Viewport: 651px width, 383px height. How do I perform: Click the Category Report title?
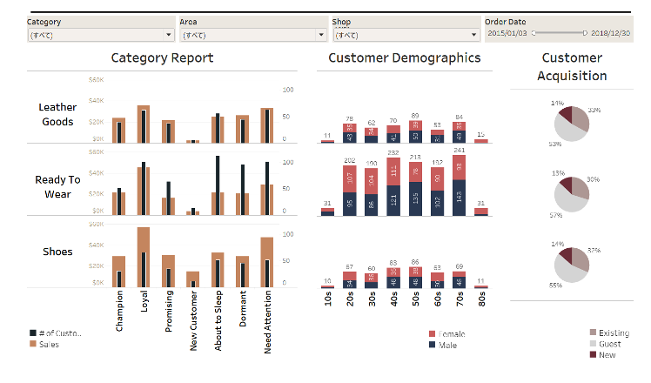(162, 58)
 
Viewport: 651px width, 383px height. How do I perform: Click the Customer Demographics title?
(404, 58)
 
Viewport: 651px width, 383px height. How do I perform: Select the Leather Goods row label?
(57, 115)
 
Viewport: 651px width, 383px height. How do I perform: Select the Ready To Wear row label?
(57, 186)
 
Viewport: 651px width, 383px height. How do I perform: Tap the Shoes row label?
(57, 252)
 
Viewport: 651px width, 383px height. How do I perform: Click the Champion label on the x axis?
(119, 311)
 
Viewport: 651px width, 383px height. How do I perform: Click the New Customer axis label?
(193, 321)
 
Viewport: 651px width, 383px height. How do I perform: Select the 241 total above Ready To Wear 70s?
(460, 150)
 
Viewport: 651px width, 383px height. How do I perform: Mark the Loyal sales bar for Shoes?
(144, 258)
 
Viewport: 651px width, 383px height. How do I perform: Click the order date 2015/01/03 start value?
(508, 32)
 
